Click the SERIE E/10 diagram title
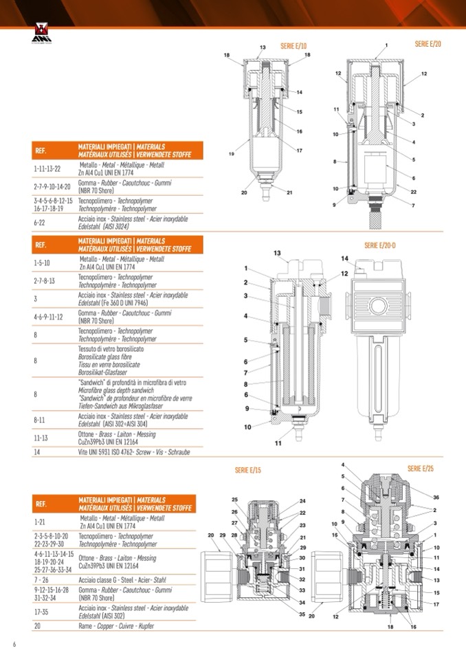293,45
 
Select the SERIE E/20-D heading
379,245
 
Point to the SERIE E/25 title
420,468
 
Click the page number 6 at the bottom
14,644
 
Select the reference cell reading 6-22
39,223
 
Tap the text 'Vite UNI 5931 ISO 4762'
123,452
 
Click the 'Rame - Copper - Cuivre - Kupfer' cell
115,626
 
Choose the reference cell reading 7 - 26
42,579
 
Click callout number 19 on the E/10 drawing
232,153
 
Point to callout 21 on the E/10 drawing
289,192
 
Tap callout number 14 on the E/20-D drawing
344,258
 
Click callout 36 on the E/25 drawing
436,497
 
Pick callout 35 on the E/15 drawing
301,614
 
